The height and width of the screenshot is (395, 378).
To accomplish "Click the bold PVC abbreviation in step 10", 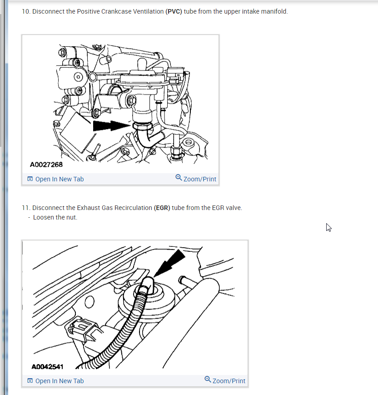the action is (174, 11).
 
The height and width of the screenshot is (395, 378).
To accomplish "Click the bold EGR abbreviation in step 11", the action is (162, 208).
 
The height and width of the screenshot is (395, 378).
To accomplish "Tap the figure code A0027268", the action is (46, 165).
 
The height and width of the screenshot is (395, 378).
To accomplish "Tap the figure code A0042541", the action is (47, 367).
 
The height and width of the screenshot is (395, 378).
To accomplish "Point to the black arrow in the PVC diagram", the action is (112, 126).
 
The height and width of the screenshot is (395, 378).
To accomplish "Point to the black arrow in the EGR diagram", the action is (169, 264).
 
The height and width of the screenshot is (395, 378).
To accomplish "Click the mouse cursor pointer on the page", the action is (328, 227).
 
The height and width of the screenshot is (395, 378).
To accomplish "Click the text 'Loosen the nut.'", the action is (55, 217).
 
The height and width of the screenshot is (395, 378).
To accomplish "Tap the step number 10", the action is (26, 11).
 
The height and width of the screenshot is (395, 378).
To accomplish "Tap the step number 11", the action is (26, 208).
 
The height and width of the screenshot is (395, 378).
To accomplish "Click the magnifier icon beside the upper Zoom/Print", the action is (179, 178).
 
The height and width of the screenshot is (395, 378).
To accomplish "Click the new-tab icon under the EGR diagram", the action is (30, 380).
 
